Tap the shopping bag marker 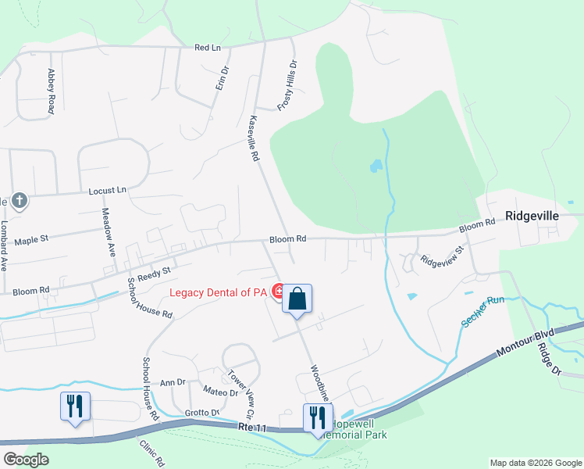[297, 299]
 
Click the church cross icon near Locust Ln [20, 201]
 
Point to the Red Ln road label [208, 48]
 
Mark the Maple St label [31, 240]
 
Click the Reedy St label [154, 274]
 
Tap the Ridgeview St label [442, 256]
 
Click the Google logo [26, 460]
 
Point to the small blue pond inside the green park [376, 166]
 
